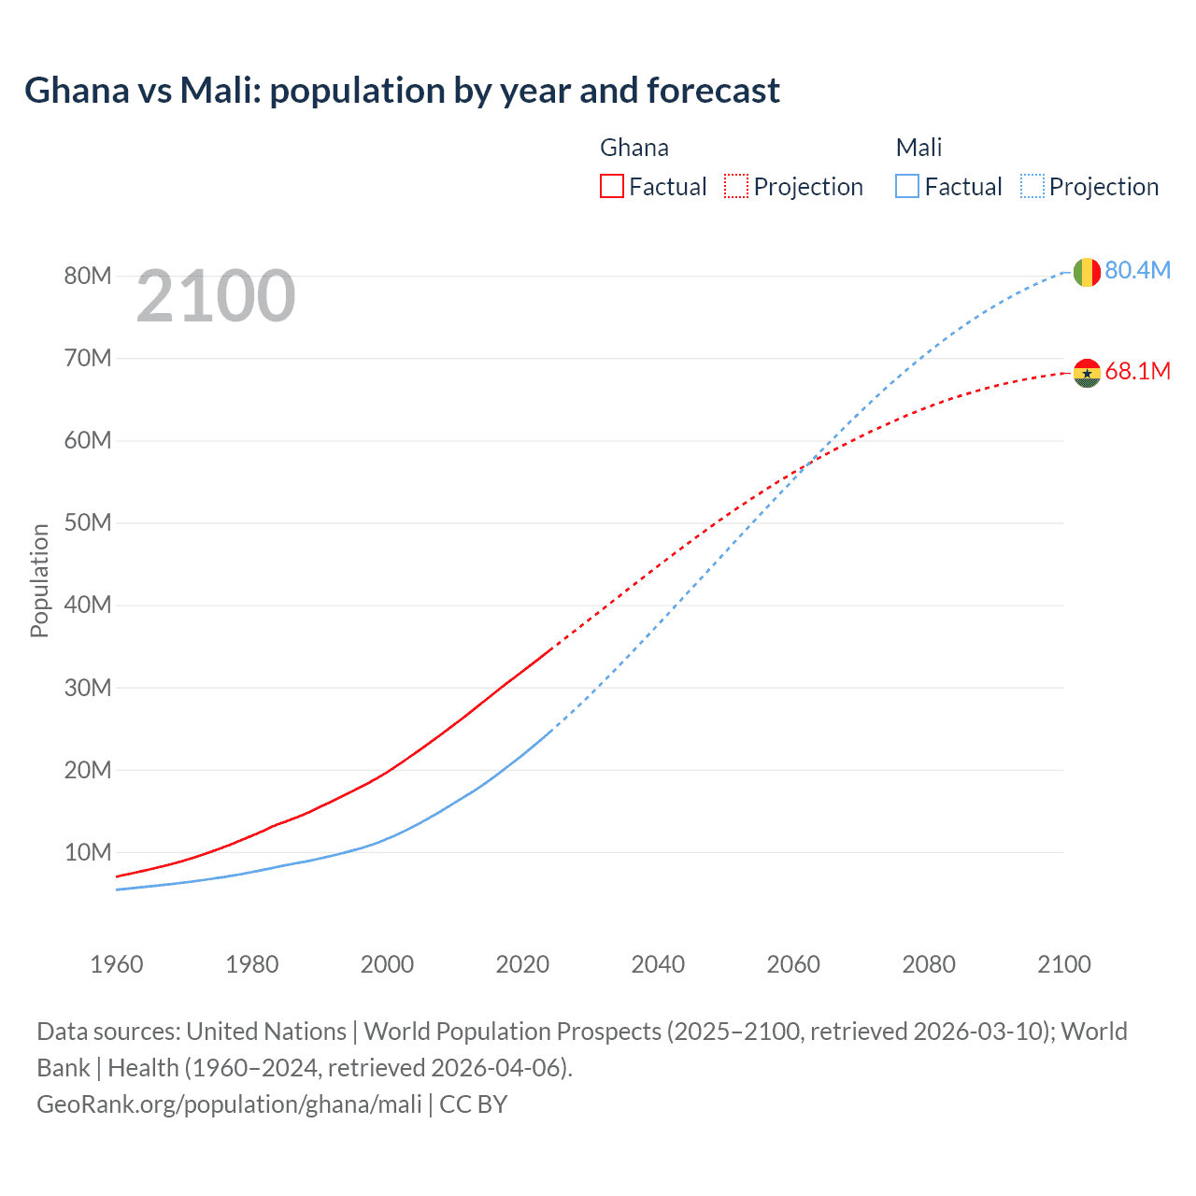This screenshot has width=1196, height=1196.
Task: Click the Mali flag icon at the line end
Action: [x=1086, y=272]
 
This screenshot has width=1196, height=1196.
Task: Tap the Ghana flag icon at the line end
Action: [x=1086, y=373]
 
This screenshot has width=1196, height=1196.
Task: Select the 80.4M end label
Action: [x=1137, y=270]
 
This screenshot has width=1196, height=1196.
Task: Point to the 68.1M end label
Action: [x=1137, y=371]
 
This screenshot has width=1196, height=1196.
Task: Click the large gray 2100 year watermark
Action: [x=216, y=296]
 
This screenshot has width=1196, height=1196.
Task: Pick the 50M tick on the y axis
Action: [x=88, y=522]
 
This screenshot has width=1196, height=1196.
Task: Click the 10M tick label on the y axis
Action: [x=88, y=852]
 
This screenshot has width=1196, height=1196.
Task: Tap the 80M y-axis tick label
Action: [x=88, y=276]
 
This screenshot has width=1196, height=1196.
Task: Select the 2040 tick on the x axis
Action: [x=658, y=964]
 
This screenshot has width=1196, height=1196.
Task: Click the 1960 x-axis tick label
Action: [x=117, y=964]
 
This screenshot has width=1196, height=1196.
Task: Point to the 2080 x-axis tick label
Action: [x=929, y=964]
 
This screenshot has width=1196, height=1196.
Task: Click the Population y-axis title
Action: [x=39, y=580]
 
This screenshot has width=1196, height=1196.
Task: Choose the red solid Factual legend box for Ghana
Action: [x=612, y=186]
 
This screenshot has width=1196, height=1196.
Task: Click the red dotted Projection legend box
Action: [x=736, y=186]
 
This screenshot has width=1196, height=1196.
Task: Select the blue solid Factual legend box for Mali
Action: [x=907, y=186]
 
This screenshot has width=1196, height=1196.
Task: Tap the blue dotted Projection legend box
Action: [x=1032, y=186]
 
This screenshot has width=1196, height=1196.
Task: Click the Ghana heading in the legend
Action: [x=634, y=148]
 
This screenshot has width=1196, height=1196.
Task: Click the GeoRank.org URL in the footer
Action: [x=229, y=1104]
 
